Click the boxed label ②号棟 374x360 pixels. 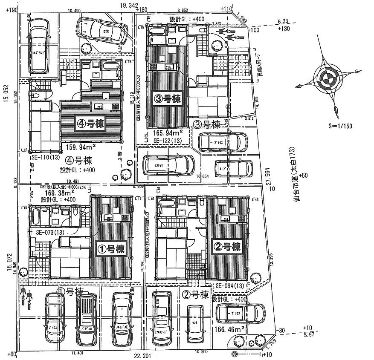227,247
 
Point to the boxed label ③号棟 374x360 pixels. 167,99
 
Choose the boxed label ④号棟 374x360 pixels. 91,124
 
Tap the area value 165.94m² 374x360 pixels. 169,133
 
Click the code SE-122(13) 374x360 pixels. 168,140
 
